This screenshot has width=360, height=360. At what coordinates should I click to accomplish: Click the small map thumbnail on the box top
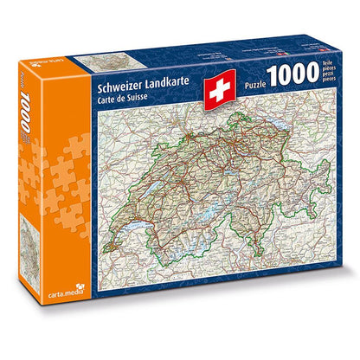104,61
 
